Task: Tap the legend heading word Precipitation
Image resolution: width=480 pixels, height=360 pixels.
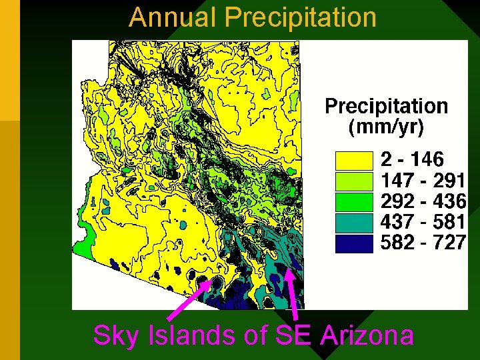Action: point(386,106)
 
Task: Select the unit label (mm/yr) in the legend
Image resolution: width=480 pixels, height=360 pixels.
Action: point(386,125)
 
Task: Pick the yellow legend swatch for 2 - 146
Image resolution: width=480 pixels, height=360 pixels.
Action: point(353,161)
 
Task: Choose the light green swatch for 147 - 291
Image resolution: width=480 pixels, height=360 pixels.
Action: point(353,181)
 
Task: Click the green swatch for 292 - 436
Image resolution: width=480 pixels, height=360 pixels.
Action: point(353,201)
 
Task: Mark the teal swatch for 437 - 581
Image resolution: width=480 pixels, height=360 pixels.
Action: point(353,222)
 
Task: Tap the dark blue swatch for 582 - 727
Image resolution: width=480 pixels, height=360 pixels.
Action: point(353,243)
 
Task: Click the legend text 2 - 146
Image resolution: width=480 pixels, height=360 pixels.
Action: point(411,159)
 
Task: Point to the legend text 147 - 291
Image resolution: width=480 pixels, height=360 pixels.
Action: point(422,180)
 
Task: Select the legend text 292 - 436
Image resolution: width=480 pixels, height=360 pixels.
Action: point(422,201)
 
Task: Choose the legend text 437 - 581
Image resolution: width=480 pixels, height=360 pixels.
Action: point(422,221)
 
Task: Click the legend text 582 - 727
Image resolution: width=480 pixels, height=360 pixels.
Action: point(422,242)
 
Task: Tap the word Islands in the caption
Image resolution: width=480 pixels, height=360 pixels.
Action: point(189,335)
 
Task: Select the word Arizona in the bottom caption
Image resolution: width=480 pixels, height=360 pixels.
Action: point(367,335)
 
